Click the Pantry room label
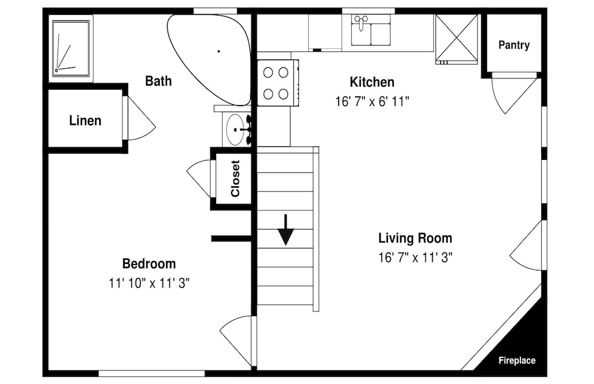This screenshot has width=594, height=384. coord(514,45)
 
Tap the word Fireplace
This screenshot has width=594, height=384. coord(517,360)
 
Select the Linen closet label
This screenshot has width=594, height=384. coord(85,121)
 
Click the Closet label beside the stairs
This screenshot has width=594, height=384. coord(235,178)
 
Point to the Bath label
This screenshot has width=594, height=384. coord(159,81)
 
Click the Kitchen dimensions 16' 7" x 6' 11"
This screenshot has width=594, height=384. coord(372,102)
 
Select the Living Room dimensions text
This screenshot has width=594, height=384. coord(416,258)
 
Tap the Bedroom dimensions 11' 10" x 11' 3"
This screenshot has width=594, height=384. coord(149,283)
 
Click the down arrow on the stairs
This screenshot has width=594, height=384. coord(286,229)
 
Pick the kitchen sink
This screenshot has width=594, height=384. coord(371,31)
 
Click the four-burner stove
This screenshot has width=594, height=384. coord(277,83)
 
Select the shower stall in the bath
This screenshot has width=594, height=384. coord(71,49)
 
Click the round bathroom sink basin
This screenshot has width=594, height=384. coord(235,130)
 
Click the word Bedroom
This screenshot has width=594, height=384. coord(149,263)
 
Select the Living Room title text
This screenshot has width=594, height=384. coord(415,238)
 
